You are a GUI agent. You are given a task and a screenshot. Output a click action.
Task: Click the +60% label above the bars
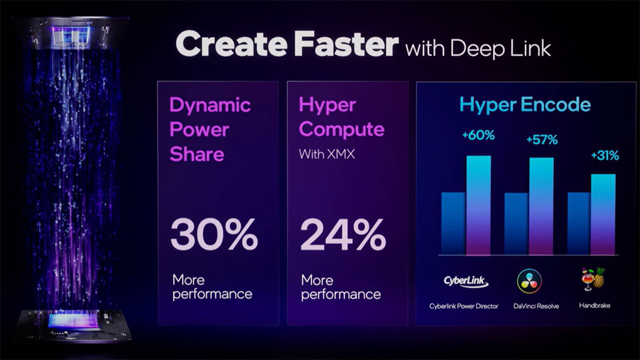[x=478, y=135]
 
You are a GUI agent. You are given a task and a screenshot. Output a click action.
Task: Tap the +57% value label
[x=542, y=139]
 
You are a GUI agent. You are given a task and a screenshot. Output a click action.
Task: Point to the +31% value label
[x=605, y=155]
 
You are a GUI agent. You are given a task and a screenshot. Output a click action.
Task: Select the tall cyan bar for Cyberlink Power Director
[x=478, y=205]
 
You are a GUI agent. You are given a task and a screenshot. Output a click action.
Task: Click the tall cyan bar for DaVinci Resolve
[x=541, y=206]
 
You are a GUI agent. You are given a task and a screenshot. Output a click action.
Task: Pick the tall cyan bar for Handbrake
[x=603, y=214]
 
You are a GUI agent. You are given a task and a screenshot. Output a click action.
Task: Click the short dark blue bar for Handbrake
[x=579, y=223]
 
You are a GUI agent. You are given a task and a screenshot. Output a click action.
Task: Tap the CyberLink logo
[x=465, y=281]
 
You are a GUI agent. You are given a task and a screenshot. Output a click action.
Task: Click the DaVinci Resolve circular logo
[x=529, y=281]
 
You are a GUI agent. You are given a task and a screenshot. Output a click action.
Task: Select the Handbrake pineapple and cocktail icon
[x=593, y=279]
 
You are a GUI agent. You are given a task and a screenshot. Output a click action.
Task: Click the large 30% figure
[x=214, y=234]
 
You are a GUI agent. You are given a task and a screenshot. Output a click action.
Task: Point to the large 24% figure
[x=343, y=234]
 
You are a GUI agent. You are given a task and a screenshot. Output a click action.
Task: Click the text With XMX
[x=327, y=154]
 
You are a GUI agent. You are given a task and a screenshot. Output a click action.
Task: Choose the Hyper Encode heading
[x=525, y=104]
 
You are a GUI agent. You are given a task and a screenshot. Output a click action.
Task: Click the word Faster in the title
[x=346, y=44]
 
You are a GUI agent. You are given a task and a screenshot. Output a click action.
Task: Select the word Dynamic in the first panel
[x=210, y=105]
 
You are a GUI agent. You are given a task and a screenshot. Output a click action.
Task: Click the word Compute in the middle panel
[x=341, y=130]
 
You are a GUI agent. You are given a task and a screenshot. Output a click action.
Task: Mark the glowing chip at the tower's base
[x=73, y=320]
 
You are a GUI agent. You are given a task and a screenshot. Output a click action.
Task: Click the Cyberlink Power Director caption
[x=463, y=306]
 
